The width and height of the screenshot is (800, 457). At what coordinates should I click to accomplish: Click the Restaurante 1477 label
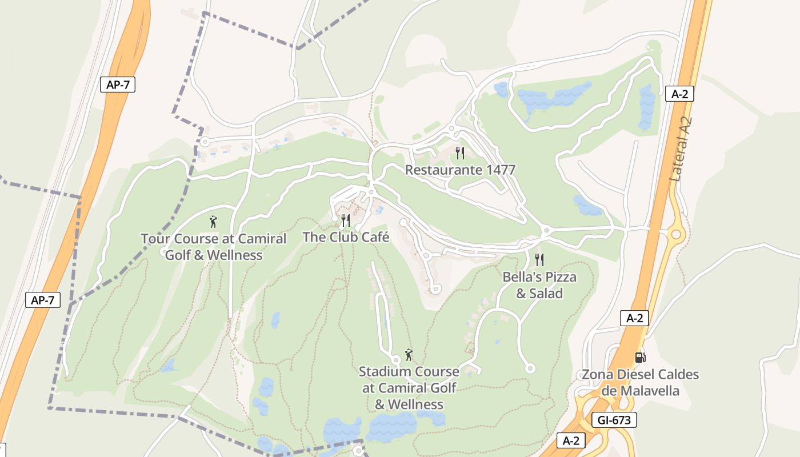click(x=460, y=170)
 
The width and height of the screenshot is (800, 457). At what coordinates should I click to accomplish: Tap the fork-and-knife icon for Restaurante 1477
click(x=459, y=153)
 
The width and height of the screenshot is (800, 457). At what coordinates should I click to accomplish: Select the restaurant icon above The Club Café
click(x=346, y=220)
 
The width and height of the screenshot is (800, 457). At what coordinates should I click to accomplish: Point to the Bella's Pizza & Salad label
click(x=539, y=285)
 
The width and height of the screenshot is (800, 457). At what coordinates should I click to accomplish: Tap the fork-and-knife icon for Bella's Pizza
click(x=539, y=260)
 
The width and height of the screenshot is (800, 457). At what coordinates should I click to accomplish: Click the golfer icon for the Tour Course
click(x=213, y=222)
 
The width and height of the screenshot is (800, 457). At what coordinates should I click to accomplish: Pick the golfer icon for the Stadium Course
click(x=409, y=355)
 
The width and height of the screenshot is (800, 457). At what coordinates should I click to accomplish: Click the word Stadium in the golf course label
click(x=385, y=372)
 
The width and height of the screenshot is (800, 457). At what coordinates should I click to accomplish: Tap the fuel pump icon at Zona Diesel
click(x=640, y=358)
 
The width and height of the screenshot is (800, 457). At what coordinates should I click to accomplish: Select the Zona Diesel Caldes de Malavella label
click(x=640, y=383)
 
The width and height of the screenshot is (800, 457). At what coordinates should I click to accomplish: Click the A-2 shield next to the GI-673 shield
click(x=571, y=440)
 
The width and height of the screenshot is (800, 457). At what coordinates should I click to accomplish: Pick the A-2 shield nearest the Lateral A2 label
click(x=679, y=94)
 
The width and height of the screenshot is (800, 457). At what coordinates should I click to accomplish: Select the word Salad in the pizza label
click(x=547, y=294)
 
